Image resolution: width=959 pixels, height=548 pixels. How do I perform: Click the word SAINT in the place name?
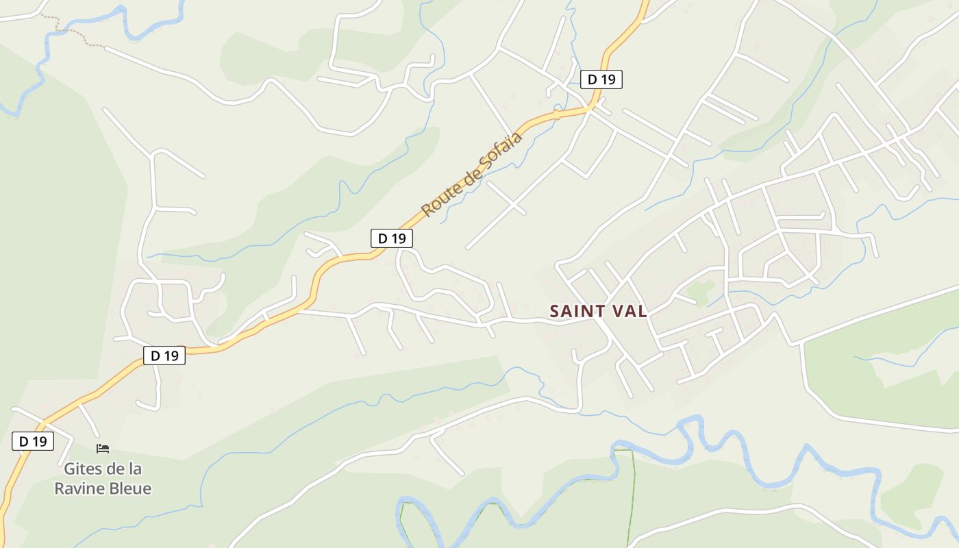click(577, 312)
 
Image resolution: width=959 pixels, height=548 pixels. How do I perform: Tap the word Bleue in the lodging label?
click(131, 488)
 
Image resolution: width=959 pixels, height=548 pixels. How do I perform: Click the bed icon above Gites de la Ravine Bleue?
click(103, 449)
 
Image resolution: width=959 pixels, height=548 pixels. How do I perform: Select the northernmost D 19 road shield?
click(601, 79)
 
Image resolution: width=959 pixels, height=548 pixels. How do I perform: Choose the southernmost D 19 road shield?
click(32, 442)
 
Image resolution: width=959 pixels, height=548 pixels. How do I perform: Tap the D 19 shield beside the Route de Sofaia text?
click(391, 238)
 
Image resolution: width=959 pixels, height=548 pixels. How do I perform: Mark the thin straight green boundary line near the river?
click(631, 493)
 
